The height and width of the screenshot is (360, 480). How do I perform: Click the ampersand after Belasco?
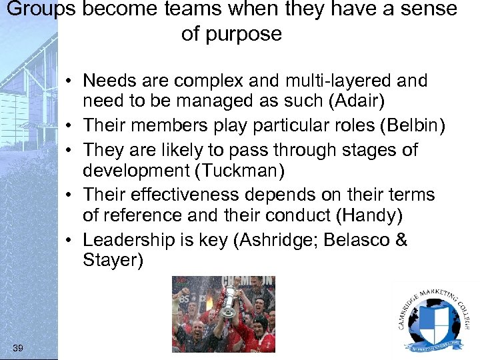[401, 239]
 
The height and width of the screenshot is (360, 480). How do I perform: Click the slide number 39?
[18, 348]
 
